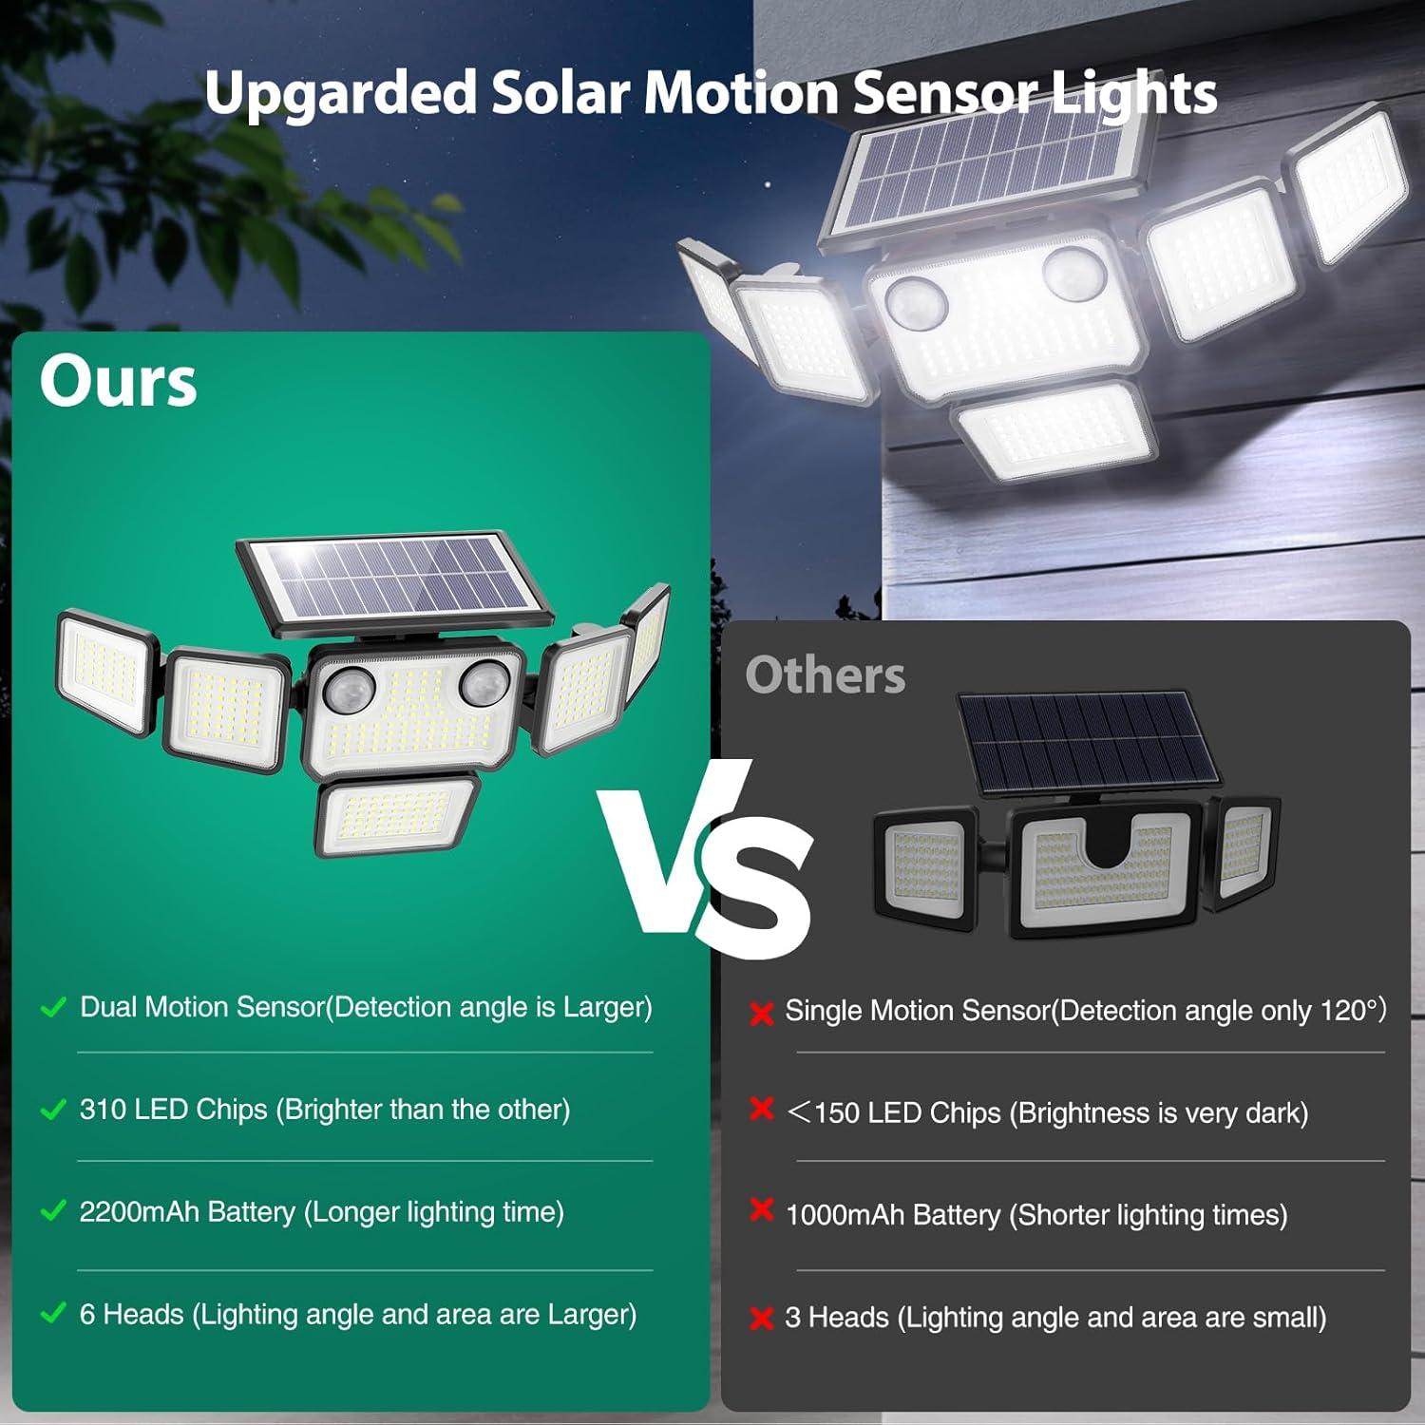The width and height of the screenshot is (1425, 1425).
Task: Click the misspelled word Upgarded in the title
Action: (339, 94)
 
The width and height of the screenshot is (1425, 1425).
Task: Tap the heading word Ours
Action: (119, 382)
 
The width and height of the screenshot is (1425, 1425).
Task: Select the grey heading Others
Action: (825, 675)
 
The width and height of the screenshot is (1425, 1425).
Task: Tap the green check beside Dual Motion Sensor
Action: (54, 1008)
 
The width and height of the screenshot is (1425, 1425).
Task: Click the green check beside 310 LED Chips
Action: (54, 1110)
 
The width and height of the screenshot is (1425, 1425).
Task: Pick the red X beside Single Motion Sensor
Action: (761, 1014)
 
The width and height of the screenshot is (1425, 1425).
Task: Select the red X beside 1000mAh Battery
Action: (761, 1210)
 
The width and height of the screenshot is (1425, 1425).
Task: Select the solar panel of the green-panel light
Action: (394, 579)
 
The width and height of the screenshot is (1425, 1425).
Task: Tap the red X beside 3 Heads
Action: (761, 1319)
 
